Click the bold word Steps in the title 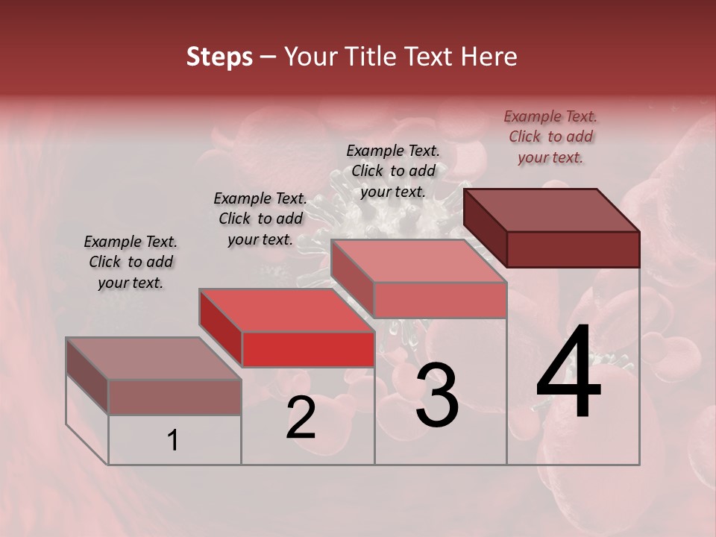pyautogui.click(x=219, y=57)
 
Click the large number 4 pyautogui.click(x=568, y=374)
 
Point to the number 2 pyautogui.click(x=301, y=418)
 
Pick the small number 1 pyautogui.click(x=173, y=441)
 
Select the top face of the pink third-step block pyautogui.click(x=419, y=261)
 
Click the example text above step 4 pyautogui.click(x=550, y=136)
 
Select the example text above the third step pyautogui.click(x=393, y=171)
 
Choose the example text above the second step pyautogui.click(x=260, y=219)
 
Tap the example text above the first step pyautogui.click(x=131, y=262)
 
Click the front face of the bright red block pyautogui.click(x=308, y=349)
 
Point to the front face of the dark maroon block pyautogui.click(x=573, y=249)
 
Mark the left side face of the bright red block pyautogui.click(x=221, y=329)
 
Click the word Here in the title pyautogui.click(x=489, y=57)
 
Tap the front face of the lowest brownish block pyautogui.click(x=175, y=397)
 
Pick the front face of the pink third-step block pyautogui.click(x=440, y=300)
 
